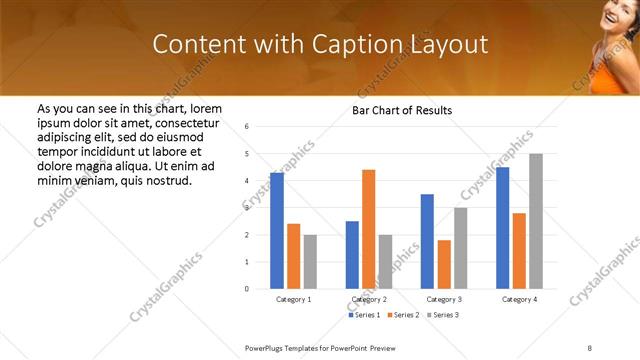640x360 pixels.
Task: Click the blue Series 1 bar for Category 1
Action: [277, 231]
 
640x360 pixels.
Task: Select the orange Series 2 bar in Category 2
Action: [368, 229]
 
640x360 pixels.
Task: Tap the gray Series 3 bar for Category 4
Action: [536, 221]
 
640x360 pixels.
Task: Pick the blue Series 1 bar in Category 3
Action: [427, 241]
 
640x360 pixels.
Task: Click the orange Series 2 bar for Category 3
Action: [444, 264]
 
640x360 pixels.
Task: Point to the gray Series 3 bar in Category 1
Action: [310, 261]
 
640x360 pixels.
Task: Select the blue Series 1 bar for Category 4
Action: [503, 228]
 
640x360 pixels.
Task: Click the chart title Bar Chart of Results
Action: [402, 110]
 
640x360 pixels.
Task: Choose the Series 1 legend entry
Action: [364, 315]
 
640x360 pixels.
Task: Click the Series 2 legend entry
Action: [403, 315]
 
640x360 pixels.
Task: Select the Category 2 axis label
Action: [368, 299]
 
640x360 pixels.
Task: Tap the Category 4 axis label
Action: [519, 299]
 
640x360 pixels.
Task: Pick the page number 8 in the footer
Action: [590, 346]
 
